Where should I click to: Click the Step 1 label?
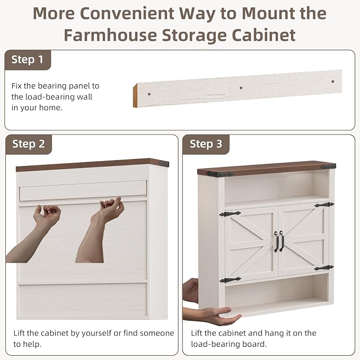tap(28, 60)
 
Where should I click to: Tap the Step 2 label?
tap(29, 144)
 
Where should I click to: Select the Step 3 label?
tap(206, 144)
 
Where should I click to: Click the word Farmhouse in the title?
tap(110, 35)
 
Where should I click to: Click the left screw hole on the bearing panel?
tap(149, 94)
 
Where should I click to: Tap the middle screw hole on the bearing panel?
tap(241, 87)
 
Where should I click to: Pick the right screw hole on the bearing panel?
tap(332, 82)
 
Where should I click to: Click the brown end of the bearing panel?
tap(135, 96)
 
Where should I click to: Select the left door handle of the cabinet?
tap(276, 242)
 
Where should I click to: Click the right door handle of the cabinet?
tap(282, 241)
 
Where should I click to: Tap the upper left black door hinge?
tap(230, 214)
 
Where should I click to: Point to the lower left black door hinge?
tap(230, 279)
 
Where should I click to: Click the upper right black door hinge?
tap(324, 205)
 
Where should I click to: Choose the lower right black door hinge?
tap(324, 267)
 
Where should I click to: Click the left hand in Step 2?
tap(47, 215)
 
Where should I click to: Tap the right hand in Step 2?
tap(110, 209)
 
